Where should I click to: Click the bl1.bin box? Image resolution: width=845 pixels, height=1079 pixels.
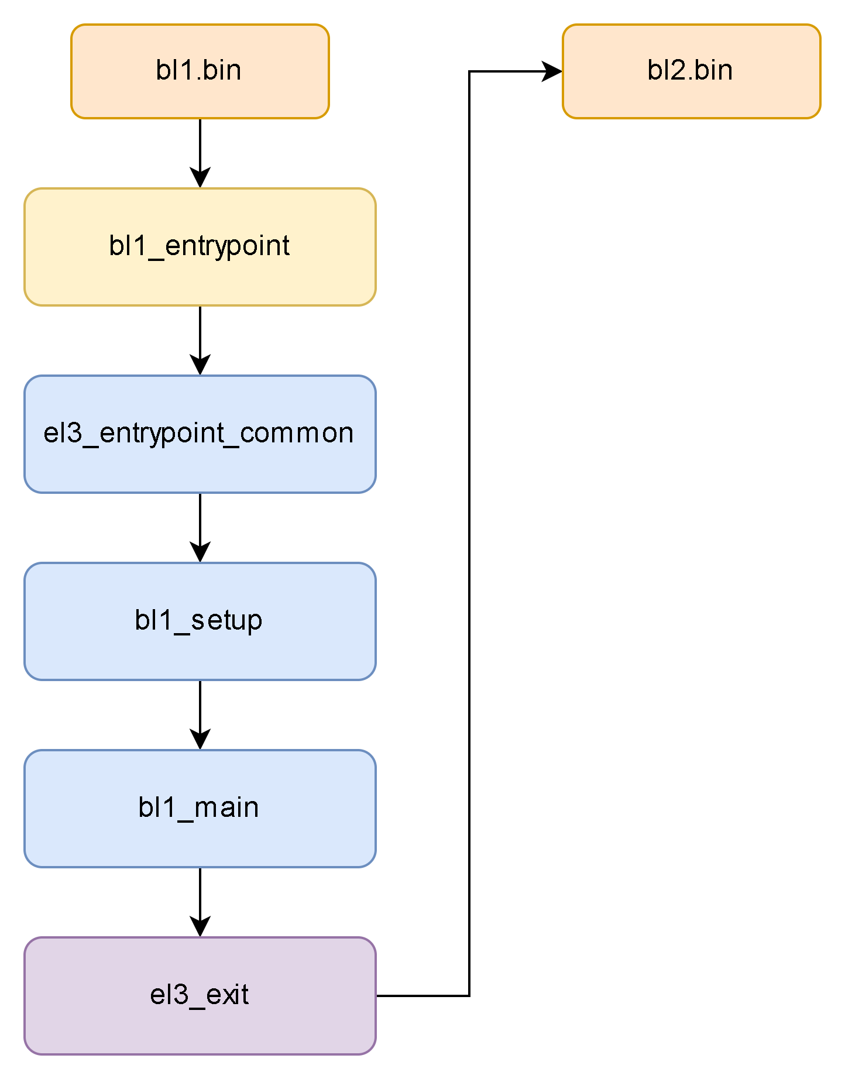pyautogui.click(x=200, y=71)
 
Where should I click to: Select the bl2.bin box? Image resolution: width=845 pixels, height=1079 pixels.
pyautogui.click(x=691, y=71)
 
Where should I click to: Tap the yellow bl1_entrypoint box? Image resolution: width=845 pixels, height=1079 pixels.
pyautogui.click(x=200, y=247)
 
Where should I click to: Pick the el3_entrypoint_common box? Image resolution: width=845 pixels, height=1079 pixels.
pyautogui.click(x=200, y=434)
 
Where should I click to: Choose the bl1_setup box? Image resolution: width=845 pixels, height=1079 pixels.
pyautogui.click(x=200, y=621)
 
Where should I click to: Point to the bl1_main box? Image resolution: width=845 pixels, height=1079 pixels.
pyautogui.click(x=200, y=809)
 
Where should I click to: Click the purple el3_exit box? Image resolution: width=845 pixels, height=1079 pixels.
pyautogui.click(x=200, y=996)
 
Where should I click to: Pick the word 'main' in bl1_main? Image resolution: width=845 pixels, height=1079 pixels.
pyautogui.click(x=226, y=808)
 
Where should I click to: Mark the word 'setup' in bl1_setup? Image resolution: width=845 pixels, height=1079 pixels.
pyautogui.click(x=226, y=621)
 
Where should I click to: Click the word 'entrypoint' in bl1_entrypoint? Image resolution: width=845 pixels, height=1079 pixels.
pyautogui.click(x=228, y=246)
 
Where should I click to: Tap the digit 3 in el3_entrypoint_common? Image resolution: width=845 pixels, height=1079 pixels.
pyautogui.click(x=74, y=434)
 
